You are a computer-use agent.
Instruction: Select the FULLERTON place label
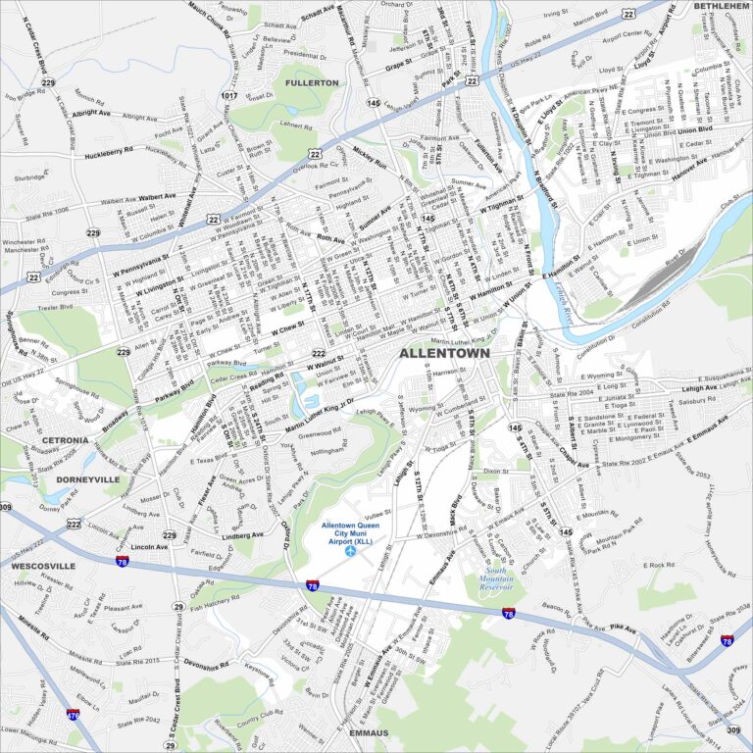[x=312, y=83]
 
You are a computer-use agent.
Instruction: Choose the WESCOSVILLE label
[x=43, y=566]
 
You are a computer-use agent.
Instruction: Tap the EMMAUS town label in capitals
[x=368, y=733]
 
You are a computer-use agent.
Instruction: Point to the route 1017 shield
[x=229, y=95]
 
